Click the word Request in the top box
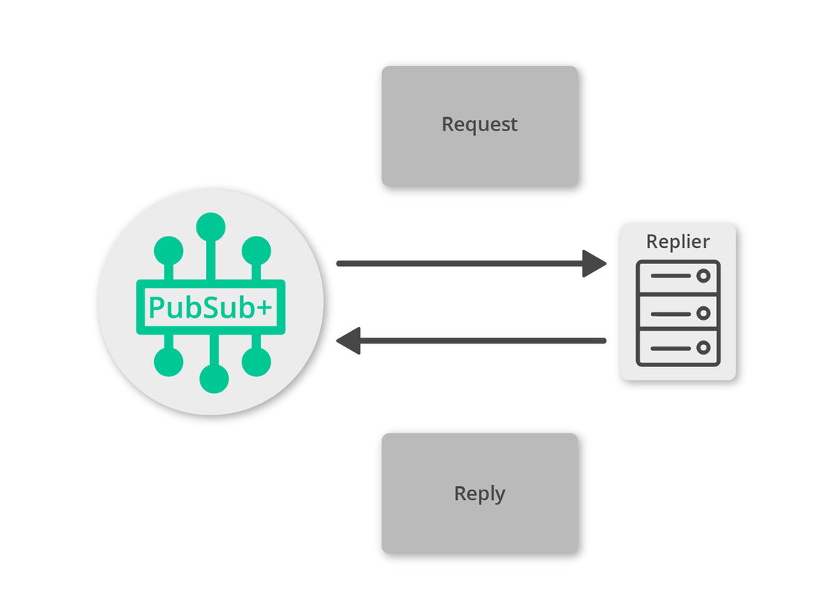pyautogui.click(x=479, y=125)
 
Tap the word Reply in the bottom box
pyautogui.click(x=479, y=493)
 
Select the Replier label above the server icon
pyautogui.click(x=678, y=242)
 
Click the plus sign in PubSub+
pyautogui.click(x=264, y=307)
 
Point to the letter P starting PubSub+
pyautogui.click(x=156, y=307)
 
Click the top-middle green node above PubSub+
pyautogui.click(x=211, y=227)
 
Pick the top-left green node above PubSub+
pyautogui.click(x=168, y=251)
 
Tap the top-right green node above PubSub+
pyautogui.click(x=256, y=251)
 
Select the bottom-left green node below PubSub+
pyautogui.click(x=168, y=362)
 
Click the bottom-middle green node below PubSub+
pyautogui.click(x=214, y=378)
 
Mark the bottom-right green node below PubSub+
pyautogui.click(x=257, y=362)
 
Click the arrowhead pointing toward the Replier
pyautogui.click(x=595, y=263)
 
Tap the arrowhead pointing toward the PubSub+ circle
pyautogui.click(x=348, y=341)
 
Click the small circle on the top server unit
pyautogui.click(x=703, y=277)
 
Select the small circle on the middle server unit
pyautogui.click(x=703, y=313)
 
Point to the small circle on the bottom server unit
pyautogui.click(x=703, y=347)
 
